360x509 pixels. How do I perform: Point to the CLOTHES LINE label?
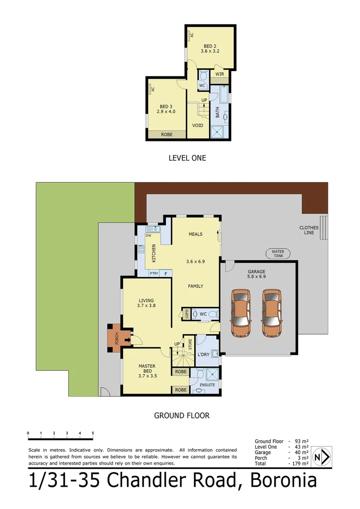click(309, 230)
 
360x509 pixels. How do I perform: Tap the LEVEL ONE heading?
click(187, 158)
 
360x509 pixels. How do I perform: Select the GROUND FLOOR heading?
click(181, 416)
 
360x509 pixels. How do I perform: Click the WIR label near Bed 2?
click(220, 74)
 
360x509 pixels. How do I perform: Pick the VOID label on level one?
click(198, 125)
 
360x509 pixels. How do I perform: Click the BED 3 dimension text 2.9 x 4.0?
click(166, 112)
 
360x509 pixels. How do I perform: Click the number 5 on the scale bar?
click(93, 433)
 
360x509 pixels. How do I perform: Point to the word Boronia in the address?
click(283, 481)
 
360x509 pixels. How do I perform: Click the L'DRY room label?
click(204, 354)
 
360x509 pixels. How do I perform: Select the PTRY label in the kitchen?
click(154, 273)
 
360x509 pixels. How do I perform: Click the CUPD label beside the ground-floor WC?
click(187, 314)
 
